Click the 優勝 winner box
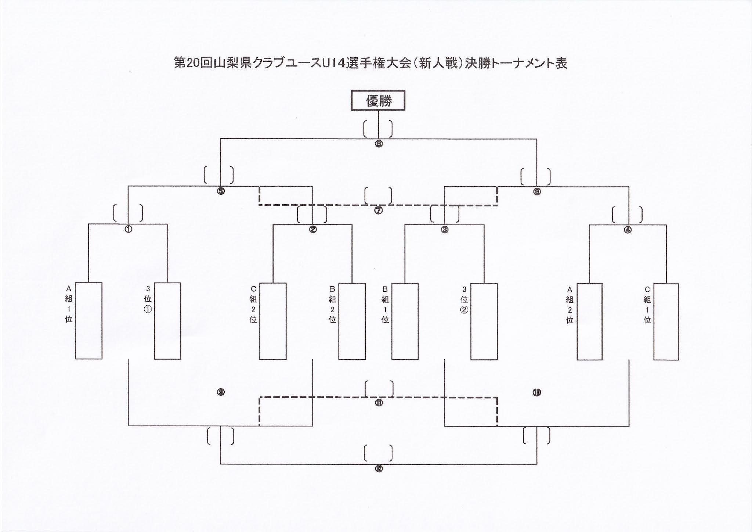[378, 100]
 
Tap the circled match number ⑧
[379, 144]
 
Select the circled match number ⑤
[221, 191]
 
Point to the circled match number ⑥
[537, 191]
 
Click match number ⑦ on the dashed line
[379, 211]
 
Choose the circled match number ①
[128, 229]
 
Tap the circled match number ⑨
[221, 392]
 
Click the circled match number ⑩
[537, 393]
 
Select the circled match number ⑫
[379, 469]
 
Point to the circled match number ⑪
[379, 403]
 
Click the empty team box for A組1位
[88, 320]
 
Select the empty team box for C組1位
[666, 321]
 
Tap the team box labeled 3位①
[167, 320]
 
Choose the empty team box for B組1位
[405, 321]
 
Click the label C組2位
[253, 304]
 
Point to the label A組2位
[570, 305]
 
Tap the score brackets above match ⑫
[379, 453]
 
